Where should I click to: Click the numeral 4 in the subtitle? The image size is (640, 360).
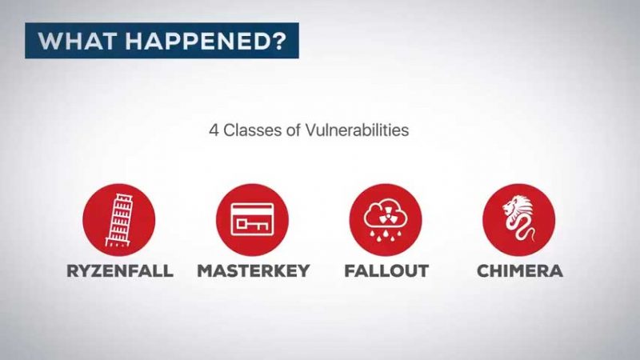pyautogui.click(x=214, y=130)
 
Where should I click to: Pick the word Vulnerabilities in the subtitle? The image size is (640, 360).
pyautogui.click(x=357, y=130)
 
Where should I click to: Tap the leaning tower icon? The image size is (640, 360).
pyautogui.click(x=119, y=221)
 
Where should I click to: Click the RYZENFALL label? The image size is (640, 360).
pyautogui.click(x=120, y=271)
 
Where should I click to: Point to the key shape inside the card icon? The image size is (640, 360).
pyautogui.click(x=252, y=225)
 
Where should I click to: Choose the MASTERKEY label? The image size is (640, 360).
pyautogui.click(x=254, y=271)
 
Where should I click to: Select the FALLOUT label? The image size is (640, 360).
pyautogui.click(x=386, y=271)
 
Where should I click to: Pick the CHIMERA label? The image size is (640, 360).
pyautogui.click(x=520, y=271)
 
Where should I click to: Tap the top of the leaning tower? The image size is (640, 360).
pyautogui.click(x=124, y=197)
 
